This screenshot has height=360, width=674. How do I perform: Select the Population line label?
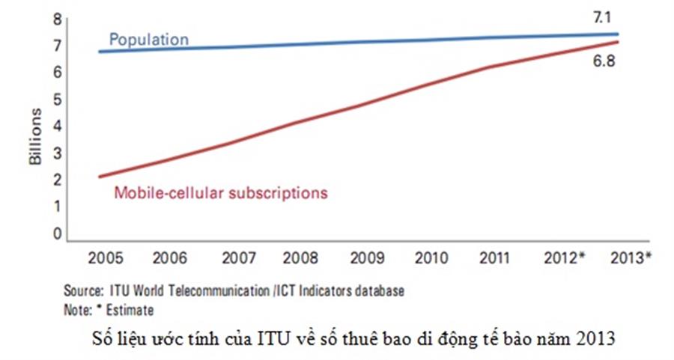[x=149, y=39]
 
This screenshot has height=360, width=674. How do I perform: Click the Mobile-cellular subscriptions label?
[x=221, y=192]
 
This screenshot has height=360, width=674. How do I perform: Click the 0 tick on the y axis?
[x=55, y=233]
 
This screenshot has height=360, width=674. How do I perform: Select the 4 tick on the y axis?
[x=55, y=126]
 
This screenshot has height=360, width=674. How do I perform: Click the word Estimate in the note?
[x=134, y=308]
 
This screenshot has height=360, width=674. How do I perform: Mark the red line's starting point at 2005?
[x=100, y=177]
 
